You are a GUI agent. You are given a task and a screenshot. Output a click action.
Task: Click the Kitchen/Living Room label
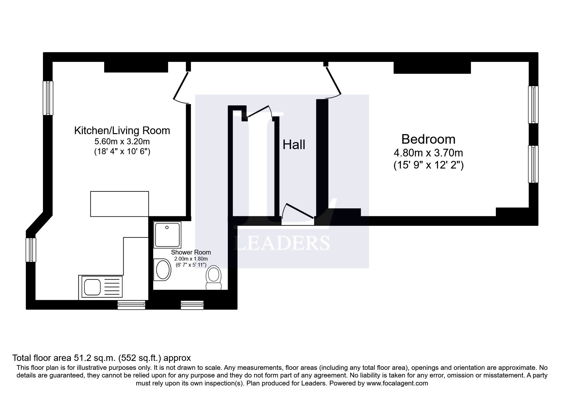122,131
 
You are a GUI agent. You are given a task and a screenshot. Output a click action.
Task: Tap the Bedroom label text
428,139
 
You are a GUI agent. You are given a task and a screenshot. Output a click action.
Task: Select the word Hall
294,145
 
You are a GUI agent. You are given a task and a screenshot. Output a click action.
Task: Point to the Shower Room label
191,252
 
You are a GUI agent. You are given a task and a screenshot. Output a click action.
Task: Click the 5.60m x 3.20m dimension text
122,141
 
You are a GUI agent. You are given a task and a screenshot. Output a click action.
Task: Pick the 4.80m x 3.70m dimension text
428,153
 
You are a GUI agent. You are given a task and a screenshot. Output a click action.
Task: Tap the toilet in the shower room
214,277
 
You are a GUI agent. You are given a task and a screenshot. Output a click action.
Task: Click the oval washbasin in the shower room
162,269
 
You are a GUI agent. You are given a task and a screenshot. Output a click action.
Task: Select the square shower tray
167,235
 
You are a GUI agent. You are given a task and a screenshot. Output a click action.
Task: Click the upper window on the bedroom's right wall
533,104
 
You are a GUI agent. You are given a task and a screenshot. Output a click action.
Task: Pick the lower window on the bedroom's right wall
533,164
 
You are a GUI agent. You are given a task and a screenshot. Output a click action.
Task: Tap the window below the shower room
192,305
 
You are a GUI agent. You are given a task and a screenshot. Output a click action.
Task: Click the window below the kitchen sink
132,305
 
